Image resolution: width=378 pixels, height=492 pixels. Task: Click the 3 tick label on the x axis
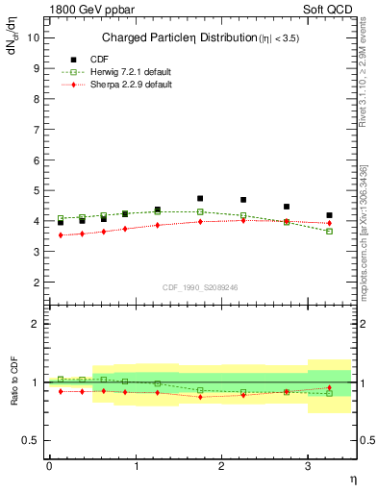[x=308, y=466]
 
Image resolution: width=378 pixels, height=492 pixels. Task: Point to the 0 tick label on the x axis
[x=49, y=466]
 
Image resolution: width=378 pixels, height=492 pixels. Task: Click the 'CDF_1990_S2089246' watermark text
[x=200, y=286]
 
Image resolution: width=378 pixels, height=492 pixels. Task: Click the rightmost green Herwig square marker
[x=330, y=231]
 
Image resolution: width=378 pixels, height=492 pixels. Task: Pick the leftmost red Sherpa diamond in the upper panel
[x=61, y=235]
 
